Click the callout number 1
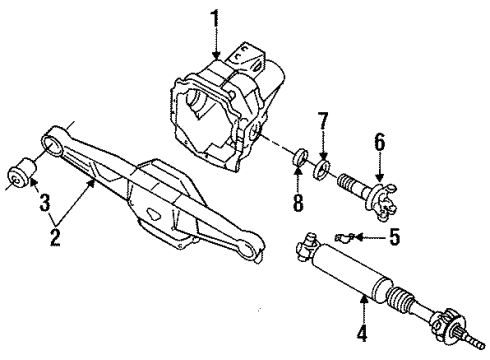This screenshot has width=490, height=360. [214, 17]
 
